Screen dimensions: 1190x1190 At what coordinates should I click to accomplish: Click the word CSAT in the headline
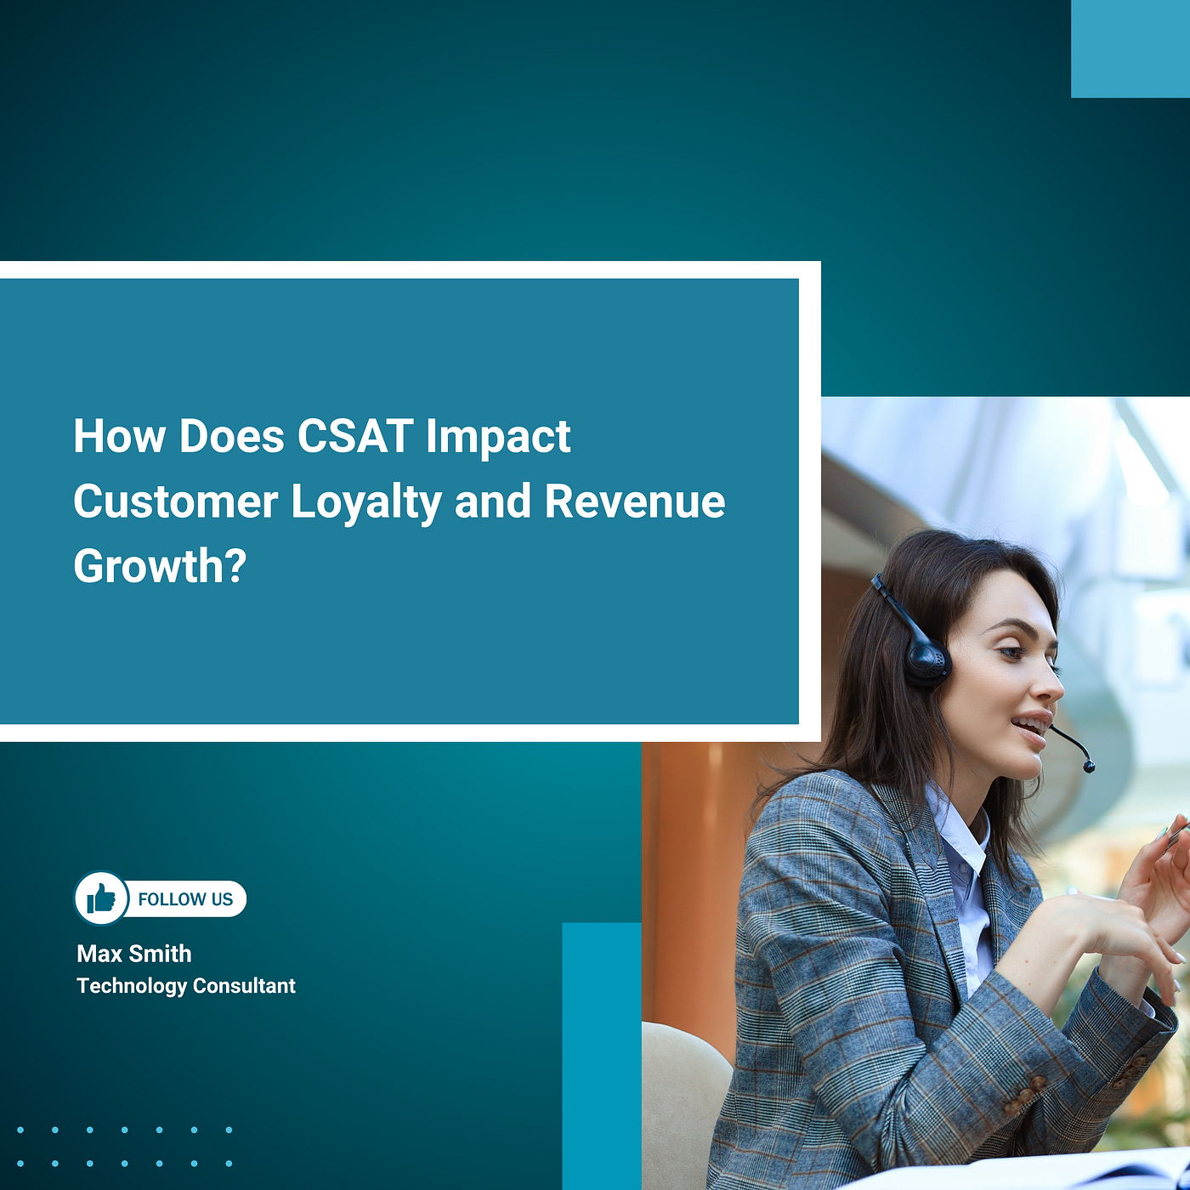[355, 436]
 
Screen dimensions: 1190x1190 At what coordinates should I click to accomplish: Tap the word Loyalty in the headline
[366, 502]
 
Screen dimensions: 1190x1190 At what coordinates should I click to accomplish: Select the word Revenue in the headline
[635, 501]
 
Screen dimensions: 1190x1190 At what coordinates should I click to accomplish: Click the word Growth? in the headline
[160, 567]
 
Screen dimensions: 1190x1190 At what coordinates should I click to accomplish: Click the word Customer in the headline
[176, 501]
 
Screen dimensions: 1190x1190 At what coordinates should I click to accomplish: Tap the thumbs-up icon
[101, 898]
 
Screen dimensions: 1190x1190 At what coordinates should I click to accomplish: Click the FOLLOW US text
[185, 899]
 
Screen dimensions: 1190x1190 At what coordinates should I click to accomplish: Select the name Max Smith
[134, 954]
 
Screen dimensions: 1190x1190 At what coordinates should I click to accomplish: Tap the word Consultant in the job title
[244, 986]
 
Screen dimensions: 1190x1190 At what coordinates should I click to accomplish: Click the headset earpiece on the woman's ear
[927, 663]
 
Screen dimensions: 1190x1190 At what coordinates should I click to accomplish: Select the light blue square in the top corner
[1130, 48]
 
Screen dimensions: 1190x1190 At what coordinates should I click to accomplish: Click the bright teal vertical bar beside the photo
[602, 1056]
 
